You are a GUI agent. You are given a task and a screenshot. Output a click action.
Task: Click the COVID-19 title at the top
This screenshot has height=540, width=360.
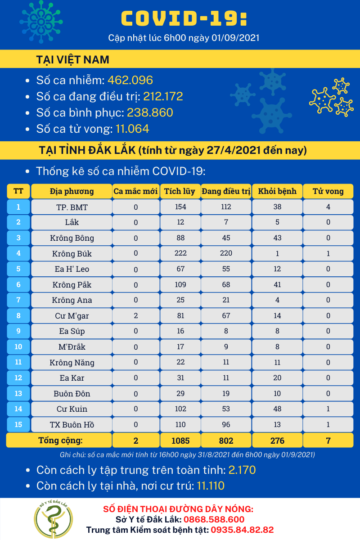(184, 18)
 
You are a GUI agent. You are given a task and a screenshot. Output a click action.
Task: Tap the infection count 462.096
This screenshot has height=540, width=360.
(130, 80)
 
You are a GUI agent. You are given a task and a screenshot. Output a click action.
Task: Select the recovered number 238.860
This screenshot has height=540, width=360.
(150, 112)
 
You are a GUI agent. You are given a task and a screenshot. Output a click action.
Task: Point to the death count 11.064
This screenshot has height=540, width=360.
(132, 129)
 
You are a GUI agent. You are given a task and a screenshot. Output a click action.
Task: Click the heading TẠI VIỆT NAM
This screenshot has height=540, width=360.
(72, 60)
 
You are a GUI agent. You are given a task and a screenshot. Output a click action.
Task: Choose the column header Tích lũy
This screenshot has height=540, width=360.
(180, 191)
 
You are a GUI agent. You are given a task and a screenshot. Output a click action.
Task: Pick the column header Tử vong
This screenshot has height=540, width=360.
(328, 191)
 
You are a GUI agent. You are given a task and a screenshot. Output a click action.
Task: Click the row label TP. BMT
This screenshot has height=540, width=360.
(72, 207)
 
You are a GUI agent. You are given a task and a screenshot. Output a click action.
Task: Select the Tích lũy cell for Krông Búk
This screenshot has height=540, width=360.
(180, 253)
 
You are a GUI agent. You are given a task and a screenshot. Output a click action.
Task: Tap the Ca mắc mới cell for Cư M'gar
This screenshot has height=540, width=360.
(135, 315)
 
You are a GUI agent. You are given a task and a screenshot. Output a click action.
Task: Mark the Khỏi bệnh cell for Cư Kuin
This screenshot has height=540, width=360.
(277, 409)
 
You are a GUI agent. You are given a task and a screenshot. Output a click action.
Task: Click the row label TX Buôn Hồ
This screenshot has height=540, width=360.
(72, 425)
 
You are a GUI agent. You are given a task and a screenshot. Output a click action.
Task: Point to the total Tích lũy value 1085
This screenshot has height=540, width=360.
(180, 441)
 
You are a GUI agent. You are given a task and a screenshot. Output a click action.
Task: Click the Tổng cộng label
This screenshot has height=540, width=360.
(61, 440)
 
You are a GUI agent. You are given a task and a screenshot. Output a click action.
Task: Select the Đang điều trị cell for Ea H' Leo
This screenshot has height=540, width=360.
(226, 269)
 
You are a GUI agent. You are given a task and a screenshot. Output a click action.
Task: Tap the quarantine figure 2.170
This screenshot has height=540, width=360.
(242, 470)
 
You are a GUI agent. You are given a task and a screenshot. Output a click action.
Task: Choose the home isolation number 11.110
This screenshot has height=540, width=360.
(211, 486)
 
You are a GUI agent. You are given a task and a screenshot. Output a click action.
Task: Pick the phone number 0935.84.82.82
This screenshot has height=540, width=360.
(242, 530)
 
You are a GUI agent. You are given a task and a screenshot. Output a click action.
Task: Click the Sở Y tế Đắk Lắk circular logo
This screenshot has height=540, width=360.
(54, 517)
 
